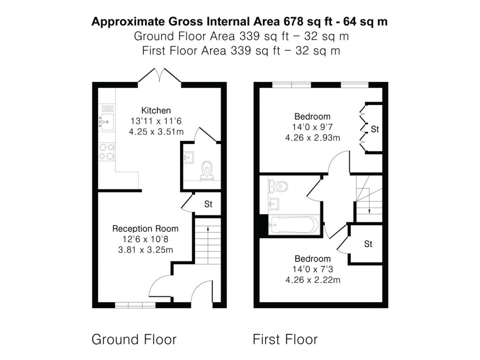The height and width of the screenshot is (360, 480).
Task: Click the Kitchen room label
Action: coord(156,111)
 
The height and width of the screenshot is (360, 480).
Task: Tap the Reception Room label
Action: coord(145,229)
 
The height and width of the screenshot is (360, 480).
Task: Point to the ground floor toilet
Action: coord(206,171)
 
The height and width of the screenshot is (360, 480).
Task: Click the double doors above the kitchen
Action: coord(159,75)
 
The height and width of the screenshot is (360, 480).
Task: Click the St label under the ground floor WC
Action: coord(208,204)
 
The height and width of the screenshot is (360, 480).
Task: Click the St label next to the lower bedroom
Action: coord(368,244)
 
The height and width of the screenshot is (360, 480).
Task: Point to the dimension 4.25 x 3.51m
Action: coord(156,132)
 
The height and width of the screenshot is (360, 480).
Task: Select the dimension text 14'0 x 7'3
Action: coord(312,270)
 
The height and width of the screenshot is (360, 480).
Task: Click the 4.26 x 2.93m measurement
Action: coord(312,137)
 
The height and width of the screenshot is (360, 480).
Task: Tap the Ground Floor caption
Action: coord(134,339)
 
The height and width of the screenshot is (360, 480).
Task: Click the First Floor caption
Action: coord(285,339)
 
